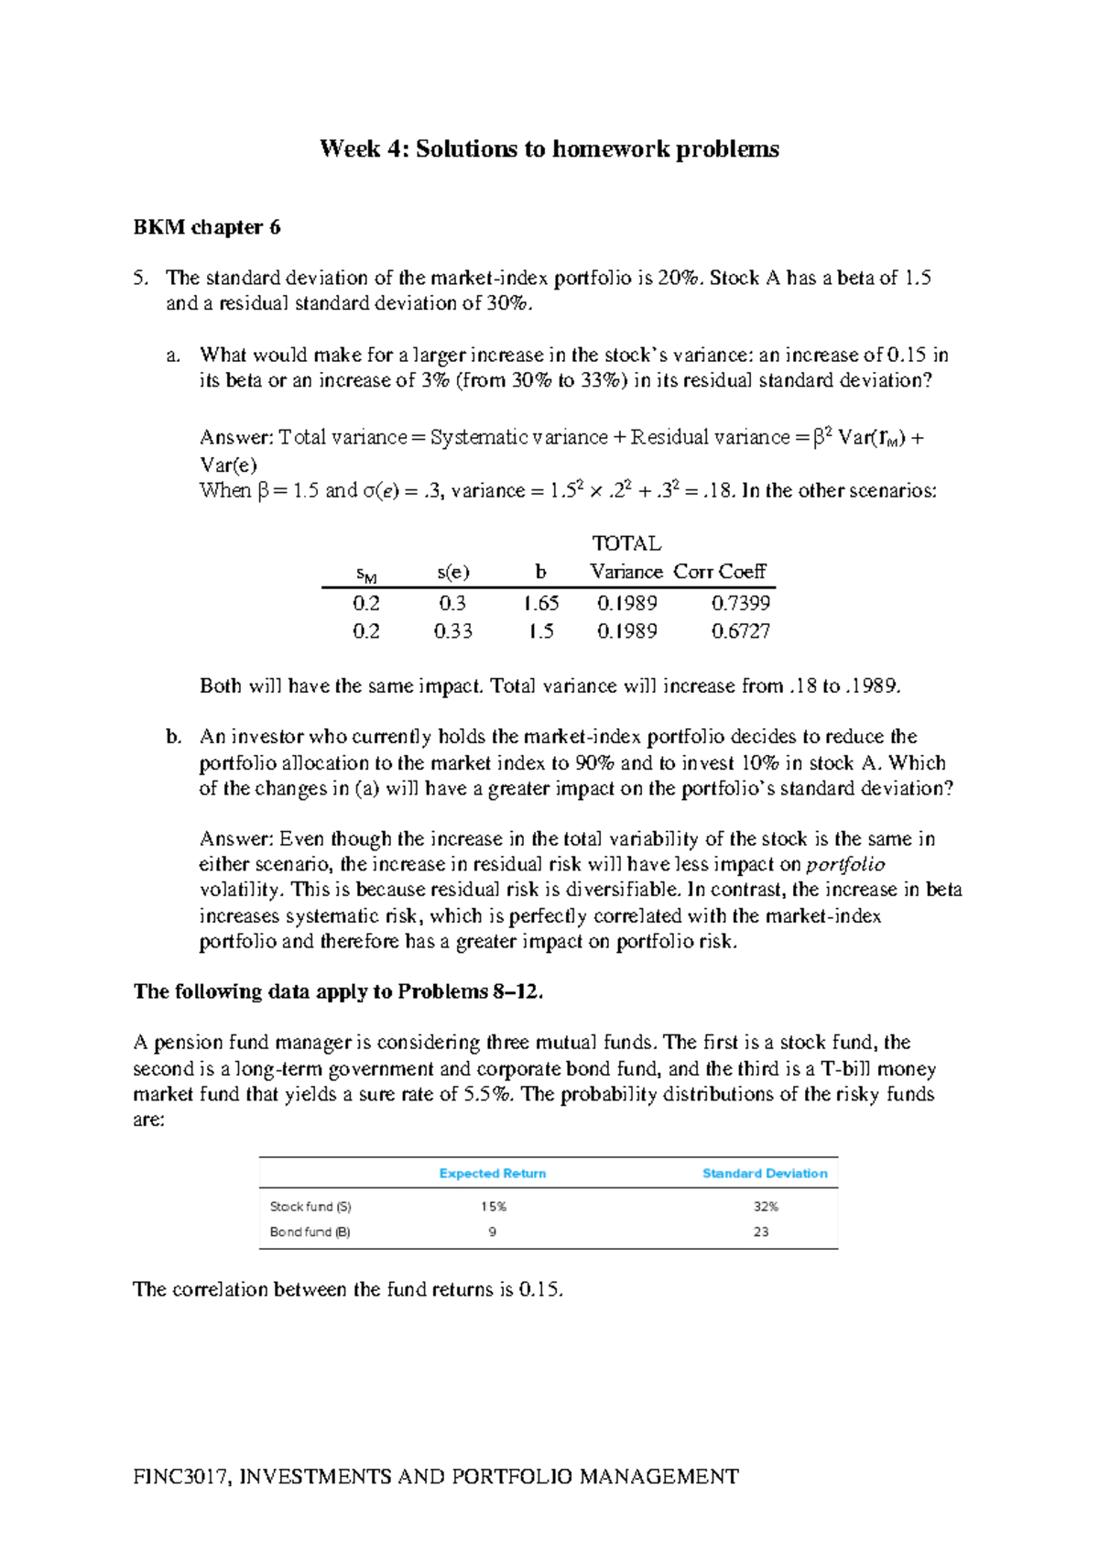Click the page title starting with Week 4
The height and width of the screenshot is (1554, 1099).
(x=549, y=149)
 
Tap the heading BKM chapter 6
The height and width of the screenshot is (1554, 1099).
(x=207, y=227)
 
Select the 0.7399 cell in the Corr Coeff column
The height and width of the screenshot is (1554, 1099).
(x=740, y=603)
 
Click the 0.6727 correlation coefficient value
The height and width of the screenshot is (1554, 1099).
(x=740, y=631)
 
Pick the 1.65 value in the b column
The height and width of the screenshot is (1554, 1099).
(x=540, y=603)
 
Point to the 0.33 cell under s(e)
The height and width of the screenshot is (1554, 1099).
(x=452, y=631)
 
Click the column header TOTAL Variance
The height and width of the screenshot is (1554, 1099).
(x=626, y=558)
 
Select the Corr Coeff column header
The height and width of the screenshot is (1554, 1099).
(x=719, y=572)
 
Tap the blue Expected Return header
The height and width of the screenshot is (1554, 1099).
(x=492, y=1174)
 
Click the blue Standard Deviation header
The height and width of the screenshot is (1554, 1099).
(x=764, y=1174)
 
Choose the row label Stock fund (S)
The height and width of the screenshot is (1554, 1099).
(x=310, y=1207)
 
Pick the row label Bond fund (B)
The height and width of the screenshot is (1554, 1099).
(x=310, y=1232)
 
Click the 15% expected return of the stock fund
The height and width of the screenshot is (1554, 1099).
(x=493, y=1207)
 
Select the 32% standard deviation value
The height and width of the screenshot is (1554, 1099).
(x=766, y=1207)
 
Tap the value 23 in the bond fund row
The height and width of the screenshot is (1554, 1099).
(x=761, y=1232)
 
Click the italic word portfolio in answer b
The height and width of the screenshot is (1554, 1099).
(x=845, y=865)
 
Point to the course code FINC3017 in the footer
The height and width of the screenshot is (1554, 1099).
(x=181, y=1477)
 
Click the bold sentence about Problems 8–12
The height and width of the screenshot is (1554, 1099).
(x=338, y=991)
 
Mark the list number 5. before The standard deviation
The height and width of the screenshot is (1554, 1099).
(x=140, y=278)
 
